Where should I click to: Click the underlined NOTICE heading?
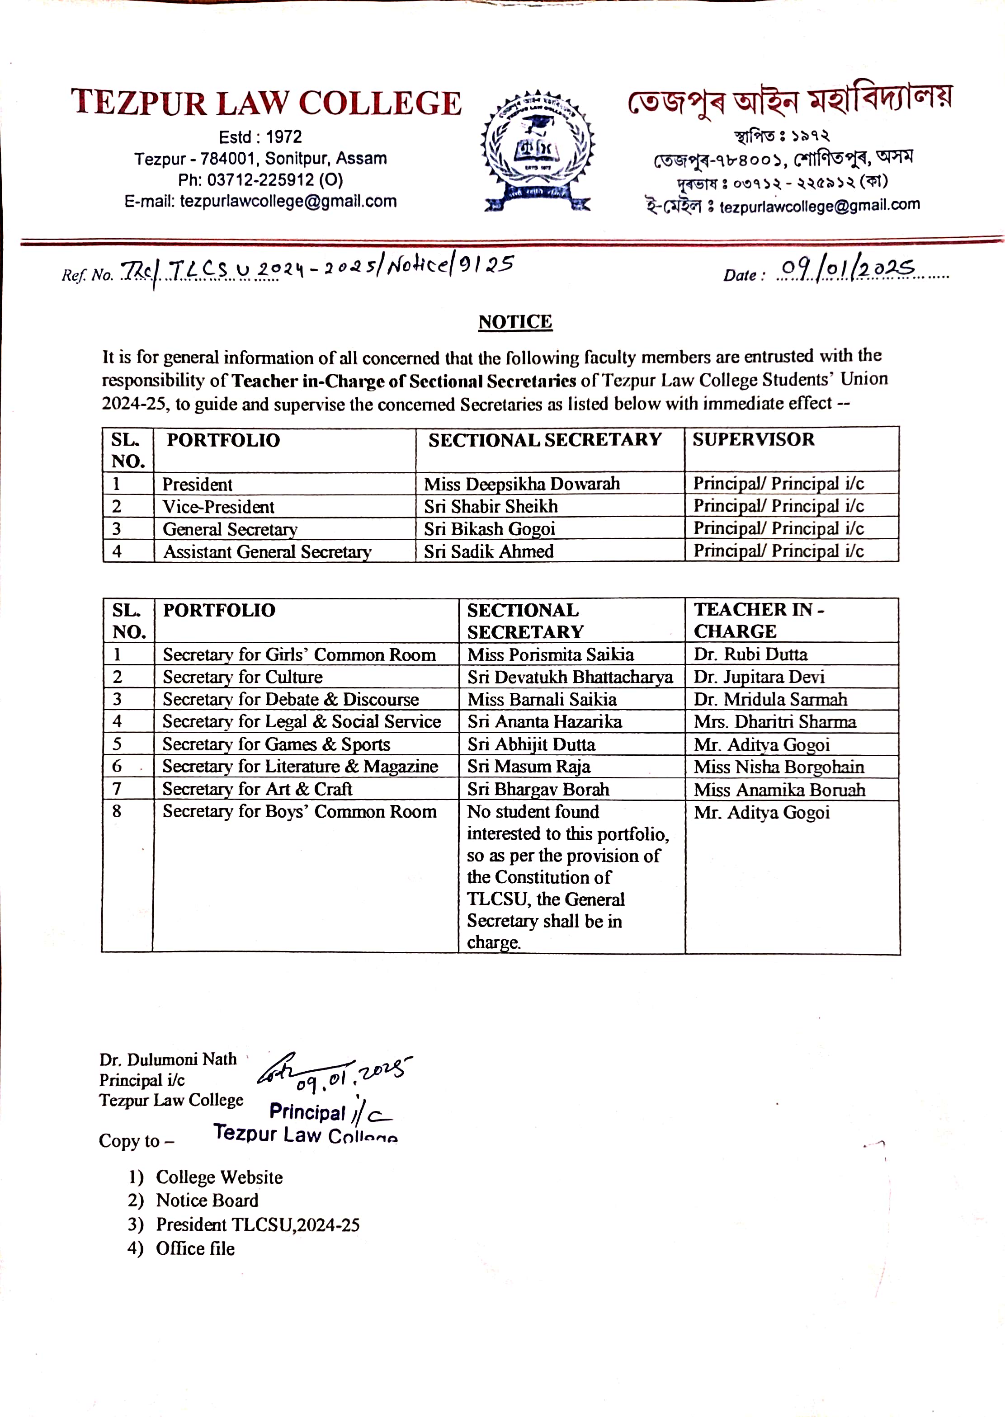(515, 322)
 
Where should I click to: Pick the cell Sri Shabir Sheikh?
(491, 506)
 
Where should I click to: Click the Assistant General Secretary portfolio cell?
(267, 551)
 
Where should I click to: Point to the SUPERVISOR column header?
(753, 439)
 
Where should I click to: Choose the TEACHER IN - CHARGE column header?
(758, 620)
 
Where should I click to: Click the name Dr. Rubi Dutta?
(750, 654)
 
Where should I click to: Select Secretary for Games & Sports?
(276, 744)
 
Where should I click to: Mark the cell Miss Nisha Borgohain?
(779, 767)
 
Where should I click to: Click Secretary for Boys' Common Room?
(300, 811)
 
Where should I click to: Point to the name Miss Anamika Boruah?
(779, 790)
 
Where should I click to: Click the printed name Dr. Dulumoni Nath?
(168, 1059)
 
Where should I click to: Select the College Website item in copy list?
(219, 1177)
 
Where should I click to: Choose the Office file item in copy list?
(195, 1248)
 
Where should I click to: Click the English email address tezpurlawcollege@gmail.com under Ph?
(288, 201)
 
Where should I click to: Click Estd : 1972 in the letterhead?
(260, 137)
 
